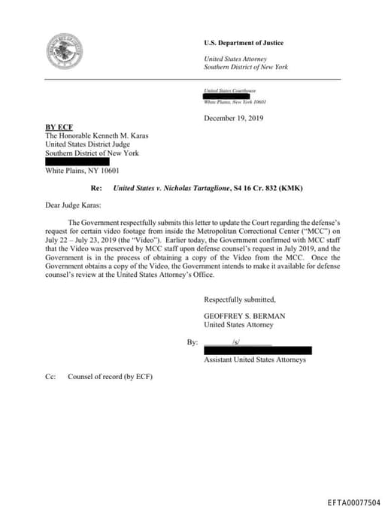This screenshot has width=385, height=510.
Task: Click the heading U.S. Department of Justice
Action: click(x=244, y=43)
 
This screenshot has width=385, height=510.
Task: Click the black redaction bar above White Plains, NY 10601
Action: click(x=77, y=162)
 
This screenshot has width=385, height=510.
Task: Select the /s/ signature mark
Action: click(x=236, y=342)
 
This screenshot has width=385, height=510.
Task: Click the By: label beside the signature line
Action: click(x=192, y=342)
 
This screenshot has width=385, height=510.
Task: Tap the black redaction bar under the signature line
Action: click(x=257, y=351)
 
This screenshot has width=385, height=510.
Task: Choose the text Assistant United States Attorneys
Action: click(x=254, y=360)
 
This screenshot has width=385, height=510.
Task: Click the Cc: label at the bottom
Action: click(x=50, y=377)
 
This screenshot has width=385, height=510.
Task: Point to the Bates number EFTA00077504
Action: click(x=353, y=502)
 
